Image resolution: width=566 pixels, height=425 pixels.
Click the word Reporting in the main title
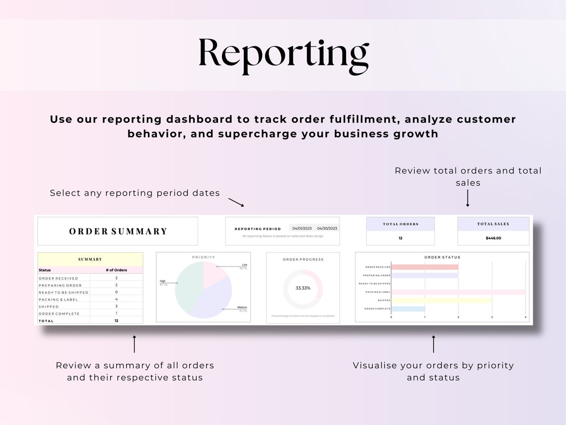coord(283,54)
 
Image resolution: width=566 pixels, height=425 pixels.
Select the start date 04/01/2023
coord(301,228)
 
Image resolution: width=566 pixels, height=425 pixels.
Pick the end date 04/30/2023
coord(327,228)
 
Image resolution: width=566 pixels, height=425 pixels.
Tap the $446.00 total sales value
coord(494,238)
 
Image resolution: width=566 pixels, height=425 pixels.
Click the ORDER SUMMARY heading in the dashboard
coord(118,231)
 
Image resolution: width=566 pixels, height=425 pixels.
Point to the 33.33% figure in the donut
coord(303,288)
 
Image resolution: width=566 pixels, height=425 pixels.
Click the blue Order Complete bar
coord(408,309)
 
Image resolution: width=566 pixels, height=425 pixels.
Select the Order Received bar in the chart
coord(424,267)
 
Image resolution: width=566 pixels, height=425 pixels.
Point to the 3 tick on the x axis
coord(492,317)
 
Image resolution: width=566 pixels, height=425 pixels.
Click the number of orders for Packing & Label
coord(116,299)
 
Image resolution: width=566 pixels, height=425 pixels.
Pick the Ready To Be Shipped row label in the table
coord(64,292)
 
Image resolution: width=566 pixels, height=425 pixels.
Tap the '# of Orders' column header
coord(116,270)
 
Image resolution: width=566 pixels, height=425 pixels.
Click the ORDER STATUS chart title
coord(442,257)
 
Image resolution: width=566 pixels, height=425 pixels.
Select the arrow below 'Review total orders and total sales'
coord(468,198)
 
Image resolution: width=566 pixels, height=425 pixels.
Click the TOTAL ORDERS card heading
coord(400,224)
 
